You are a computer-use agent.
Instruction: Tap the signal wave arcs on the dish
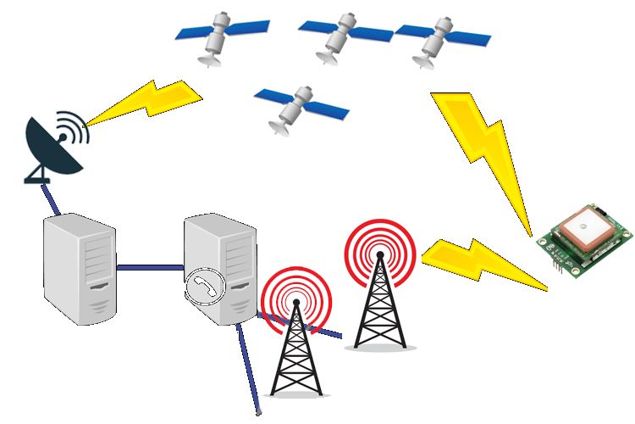pos(75,127)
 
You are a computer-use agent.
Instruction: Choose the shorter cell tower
pos(295,348)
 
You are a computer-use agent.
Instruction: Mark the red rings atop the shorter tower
pos(295,297)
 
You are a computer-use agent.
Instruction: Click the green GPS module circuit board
pos(586,242)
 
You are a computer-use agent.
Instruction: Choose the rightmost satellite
pos(436,38)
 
